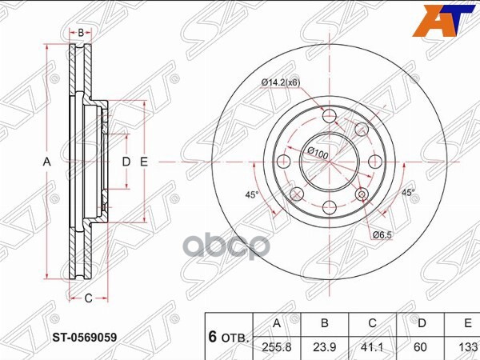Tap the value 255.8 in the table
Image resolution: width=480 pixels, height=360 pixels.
(276, 349)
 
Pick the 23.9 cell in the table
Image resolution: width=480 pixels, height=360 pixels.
(324, 349)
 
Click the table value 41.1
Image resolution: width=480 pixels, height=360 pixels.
(372, 349)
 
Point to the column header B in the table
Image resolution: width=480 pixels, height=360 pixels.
(324, 324)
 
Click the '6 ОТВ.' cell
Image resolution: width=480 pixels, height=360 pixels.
(229, 337)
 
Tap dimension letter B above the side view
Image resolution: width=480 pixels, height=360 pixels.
(82, 32)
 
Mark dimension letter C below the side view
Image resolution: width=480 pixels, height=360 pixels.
(90, 298)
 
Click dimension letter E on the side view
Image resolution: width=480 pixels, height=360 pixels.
(144, 162)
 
